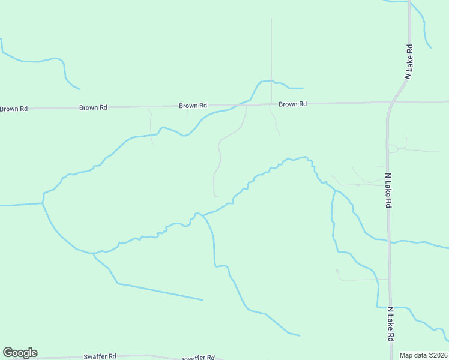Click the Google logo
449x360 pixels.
20,353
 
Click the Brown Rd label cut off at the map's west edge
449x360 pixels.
13,109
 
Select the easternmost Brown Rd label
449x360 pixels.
292,104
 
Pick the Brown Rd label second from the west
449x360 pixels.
93,108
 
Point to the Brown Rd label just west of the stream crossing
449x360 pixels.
193,106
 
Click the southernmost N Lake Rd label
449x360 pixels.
390,325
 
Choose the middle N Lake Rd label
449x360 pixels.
388,191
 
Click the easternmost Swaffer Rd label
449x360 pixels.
198,357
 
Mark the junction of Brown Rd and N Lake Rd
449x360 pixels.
388,103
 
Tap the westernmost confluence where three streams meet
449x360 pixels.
43,203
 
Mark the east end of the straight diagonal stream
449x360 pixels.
203,299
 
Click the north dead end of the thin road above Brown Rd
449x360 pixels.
271,19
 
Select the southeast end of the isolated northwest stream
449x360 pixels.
80,89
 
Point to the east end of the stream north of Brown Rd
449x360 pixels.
303,88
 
